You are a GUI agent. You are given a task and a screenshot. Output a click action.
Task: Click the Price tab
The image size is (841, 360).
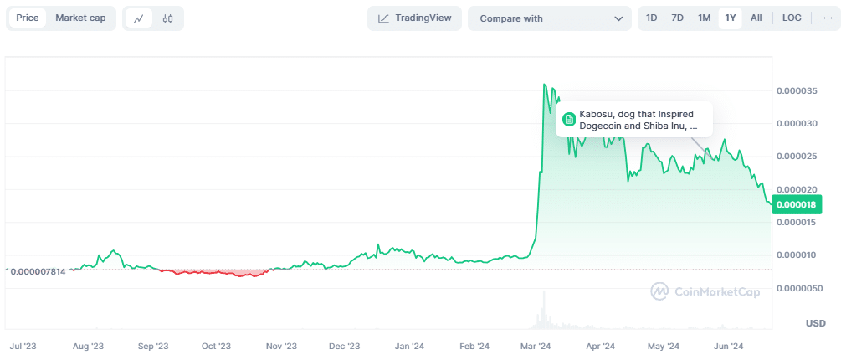(x=27, y=18)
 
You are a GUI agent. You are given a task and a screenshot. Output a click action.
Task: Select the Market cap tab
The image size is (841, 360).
(x=80, y=18)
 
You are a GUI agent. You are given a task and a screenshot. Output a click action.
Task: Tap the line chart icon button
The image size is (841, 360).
(x=139, y=18)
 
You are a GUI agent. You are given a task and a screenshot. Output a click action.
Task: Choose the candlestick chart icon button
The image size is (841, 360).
(x=167, y=18)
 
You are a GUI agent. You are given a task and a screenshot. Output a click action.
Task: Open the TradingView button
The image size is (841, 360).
(x=414, y=18)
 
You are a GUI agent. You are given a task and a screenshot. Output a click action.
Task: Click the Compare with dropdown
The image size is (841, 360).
(x=550, y=18)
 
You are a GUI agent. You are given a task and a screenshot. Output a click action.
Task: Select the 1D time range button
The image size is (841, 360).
(x=652, y=18)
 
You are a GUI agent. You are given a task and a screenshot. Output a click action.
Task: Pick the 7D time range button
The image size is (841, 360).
(x=678, y=18)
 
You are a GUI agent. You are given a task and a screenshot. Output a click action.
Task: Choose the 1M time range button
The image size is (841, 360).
(x=704, y=18)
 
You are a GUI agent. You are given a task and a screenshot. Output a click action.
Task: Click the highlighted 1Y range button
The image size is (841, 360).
(x=730, y=18)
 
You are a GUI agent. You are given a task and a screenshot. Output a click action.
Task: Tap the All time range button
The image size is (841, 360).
(x=756, y=18)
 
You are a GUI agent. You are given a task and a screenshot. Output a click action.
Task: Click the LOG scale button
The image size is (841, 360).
(x=792, y=18)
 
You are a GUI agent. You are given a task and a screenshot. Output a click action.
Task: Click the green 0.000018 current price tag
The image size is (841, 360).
(x=797, y=204)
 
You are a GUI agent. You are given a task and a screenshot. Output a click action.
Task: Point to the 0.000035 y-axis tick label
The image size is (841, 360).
(x=798, y=90)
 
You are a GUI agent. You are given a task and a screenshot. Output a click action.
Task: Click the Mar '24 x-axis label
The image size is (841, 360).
(x=535, y=345)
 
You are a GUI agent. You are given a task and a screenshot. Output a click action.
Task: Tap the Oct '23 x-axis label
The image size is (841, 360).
(x=216, y=345)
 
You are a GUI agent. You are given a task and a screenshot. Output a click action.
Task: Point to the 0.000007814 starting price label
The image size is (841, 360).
(x=36, y=270)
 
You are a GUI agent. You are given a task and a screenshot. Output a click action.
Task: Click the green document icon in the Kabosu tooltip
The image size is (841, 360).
(x=569, y=120)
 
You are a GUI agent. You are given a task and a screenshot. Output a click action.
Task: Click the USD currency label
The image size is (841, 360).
(x=815, y=323)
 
